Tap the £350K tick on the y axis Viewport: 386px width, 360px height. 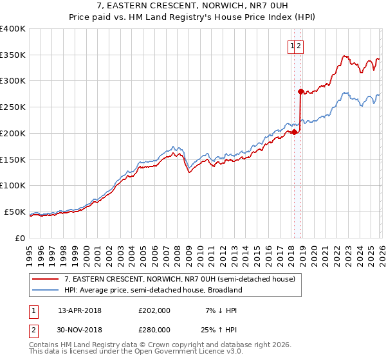pyautogui.click(x=13, y=55)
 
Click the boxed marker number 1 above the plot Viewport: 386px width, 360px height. pyautogui.click(x=293, y=46)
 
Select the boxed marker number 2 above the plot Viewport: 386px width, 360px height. pyautogui.click(x=300, y=46)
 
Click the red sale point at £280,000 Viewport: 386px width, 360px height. pyautogui.click(x=300, y=91)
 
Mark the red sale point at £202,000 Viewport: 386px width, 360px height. pyautogui.click(x=294, y=132)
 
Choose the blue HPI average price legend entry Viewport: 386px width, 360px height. pyautogui.click(x=152, y=290)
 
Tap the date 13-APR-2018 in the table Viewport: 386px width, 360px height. pyautogui.click(x=79, y=310)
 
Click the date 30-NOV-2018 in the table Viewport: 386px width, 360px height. pyautogui.click(x=80, y=329)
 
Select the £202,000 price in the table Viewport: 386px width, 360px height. pyautogui.click(x=154, y=310)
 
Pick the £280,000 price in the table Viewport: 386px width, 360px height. pyautogui.click(x=154, y=329)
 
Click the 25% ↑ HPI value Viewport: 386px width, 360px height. pyautogui.click(x=220, y=329)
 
